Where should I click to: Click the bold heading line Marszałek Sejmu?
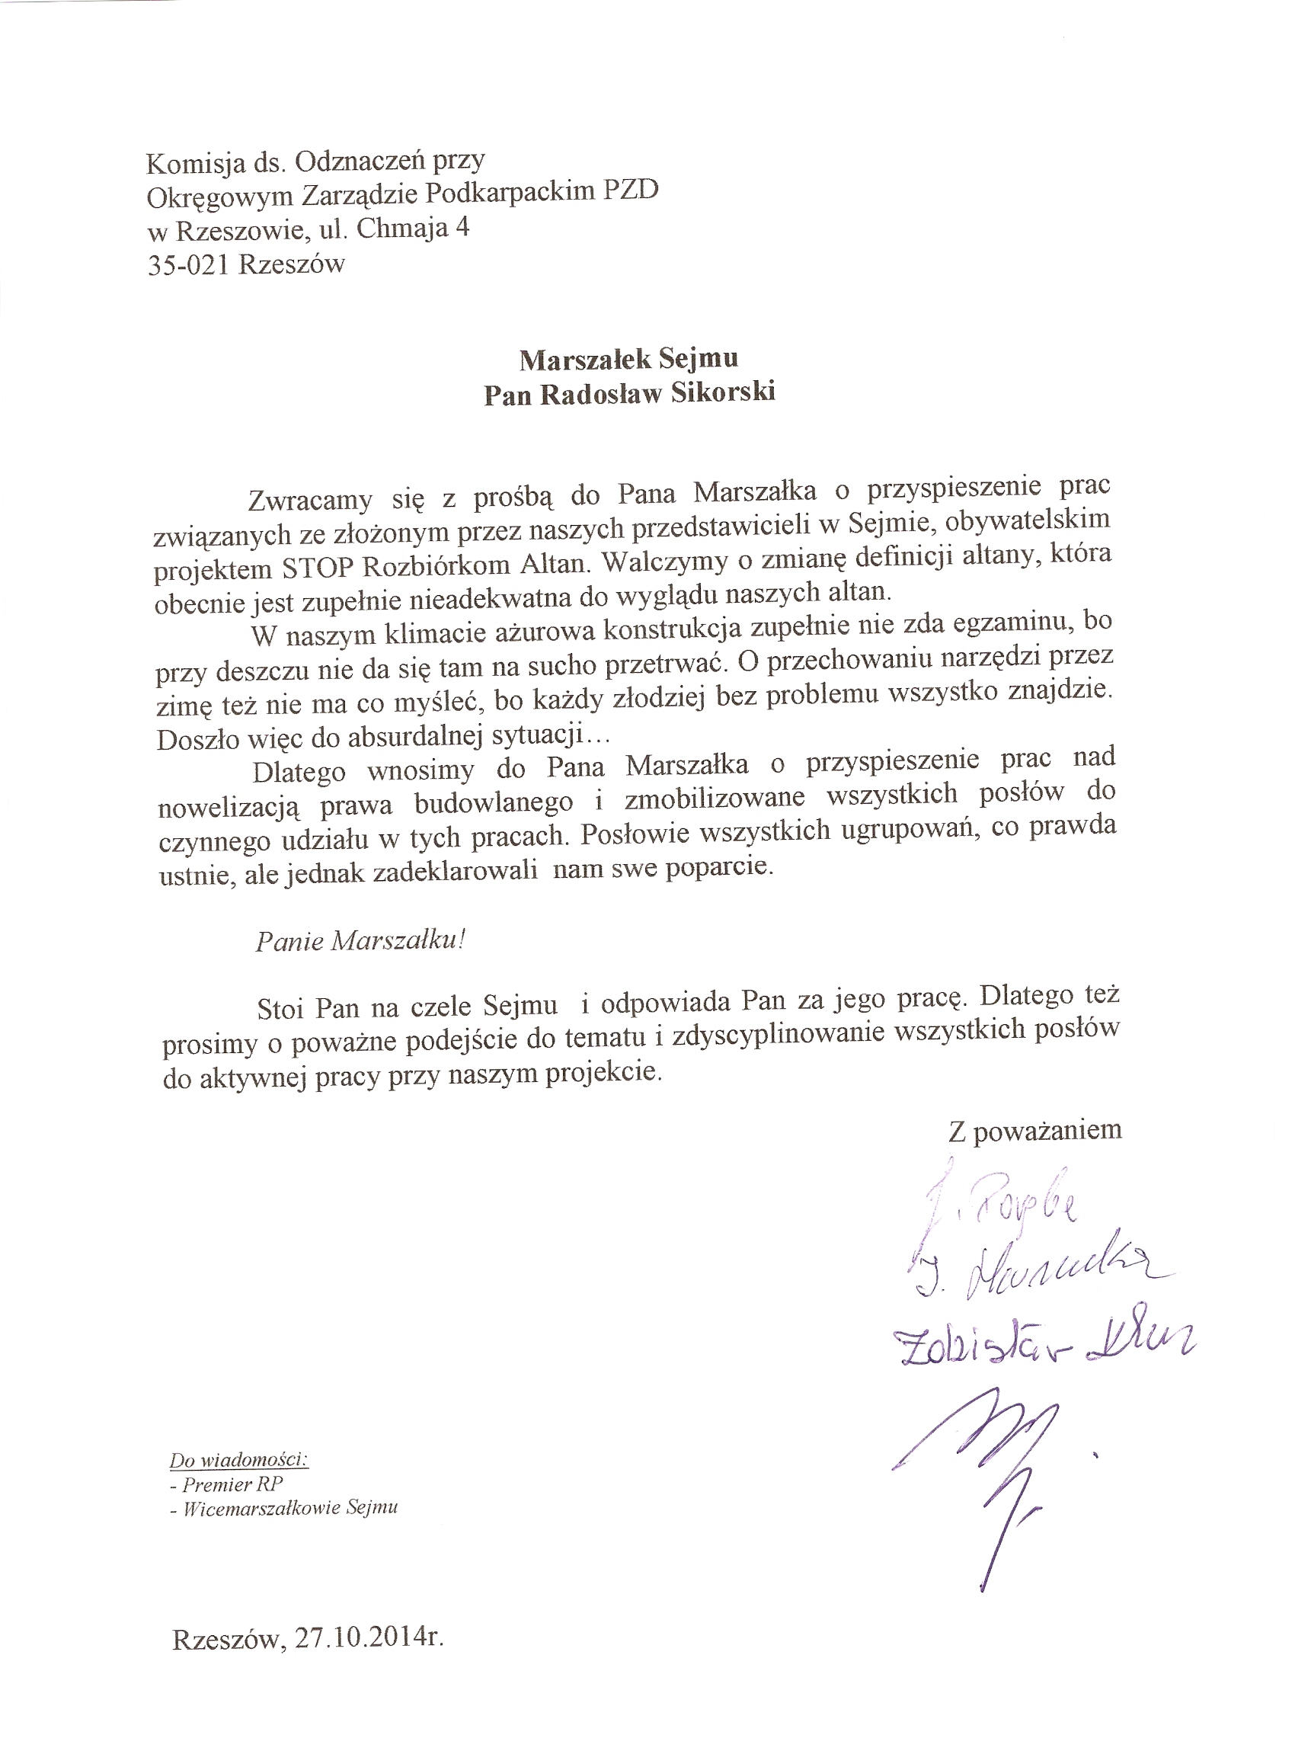(628, 359)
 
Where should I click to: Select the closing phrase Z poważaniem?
(1035, 1130)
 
